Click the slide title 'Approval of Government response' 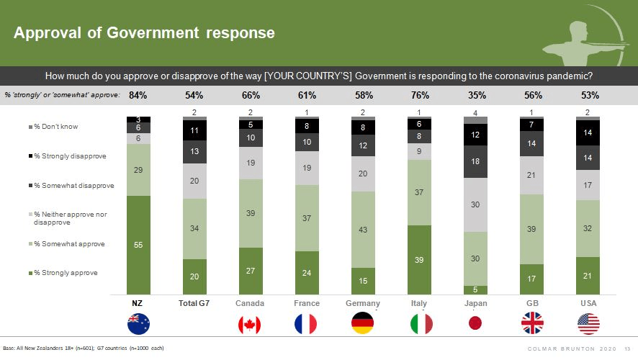point(144,32)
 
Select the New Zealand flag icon point(138,325)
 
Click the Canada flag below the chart point(249,325)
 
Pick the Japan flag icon point(475,325)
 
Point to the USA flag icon point(588,325)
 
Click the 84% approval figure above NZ point(138,95)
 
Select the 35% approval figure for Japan point(476,95)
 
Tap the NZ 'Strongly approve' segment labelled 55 point(138,245)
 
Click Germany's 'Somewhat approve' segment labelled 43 point(363,230)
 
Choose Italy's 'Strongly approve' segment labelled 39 point(419,260)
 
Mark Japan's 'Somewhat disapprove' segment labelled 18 point(476,162)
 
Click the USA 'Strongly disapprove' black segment point(589,133)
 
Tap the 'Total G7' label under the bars point(194,304)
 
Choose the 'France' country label point(307,304)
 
